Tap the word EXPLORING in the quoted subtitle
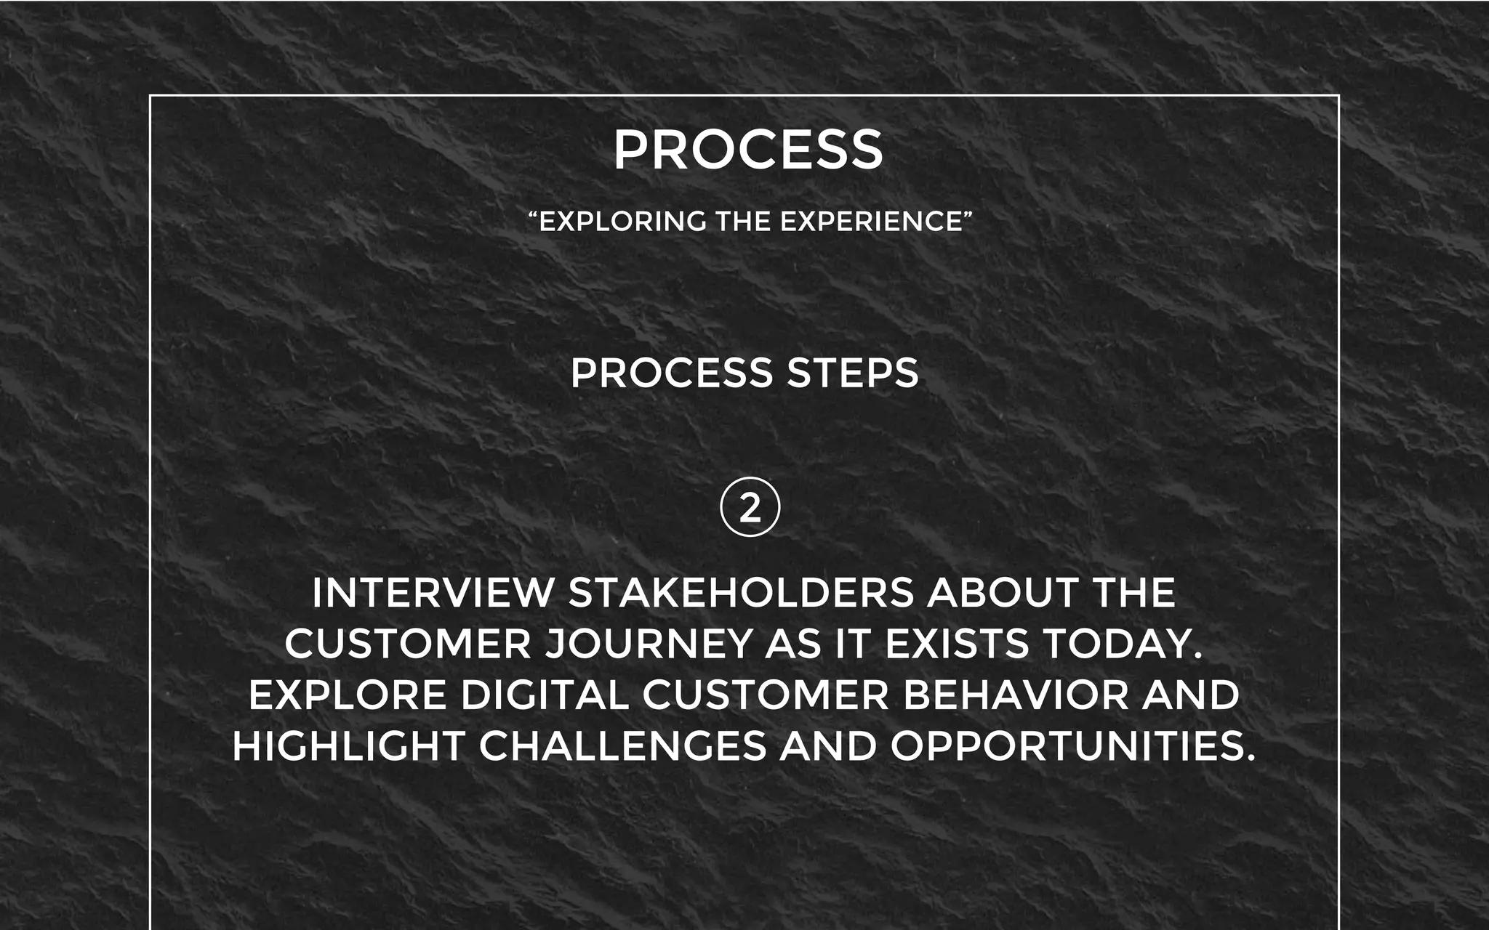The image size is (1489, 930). (622, 221)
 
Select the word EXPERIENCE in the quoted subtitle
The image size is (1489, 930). (872, 221)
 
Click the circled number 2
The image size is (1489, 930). (750, 507)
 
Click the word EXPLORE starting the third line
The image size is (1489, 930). (347, 695)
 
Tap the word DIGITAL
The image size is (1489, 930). (544, 695)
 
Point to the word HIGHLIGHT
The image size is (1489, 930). (348, 746)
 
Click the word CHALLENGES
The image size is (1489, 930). (622, 746)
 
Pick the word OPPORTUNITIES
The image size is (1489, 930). (1073, 746)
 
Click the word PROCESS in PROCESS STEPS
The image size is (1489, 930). (670, 373)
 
